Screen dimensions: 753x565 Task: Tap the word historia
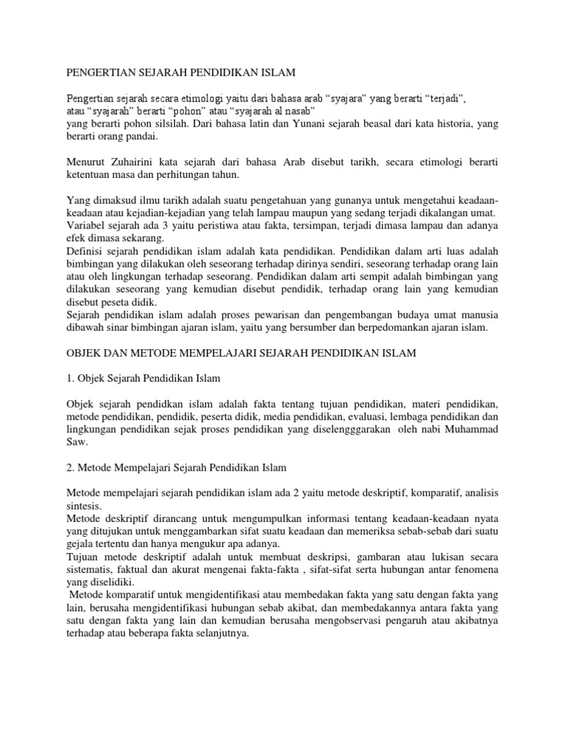[x=430, y=124]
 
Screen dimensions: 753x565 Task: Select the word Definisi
[x=85, y=251]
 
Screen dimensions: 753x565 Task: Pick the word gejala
[x=81, y=545]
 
